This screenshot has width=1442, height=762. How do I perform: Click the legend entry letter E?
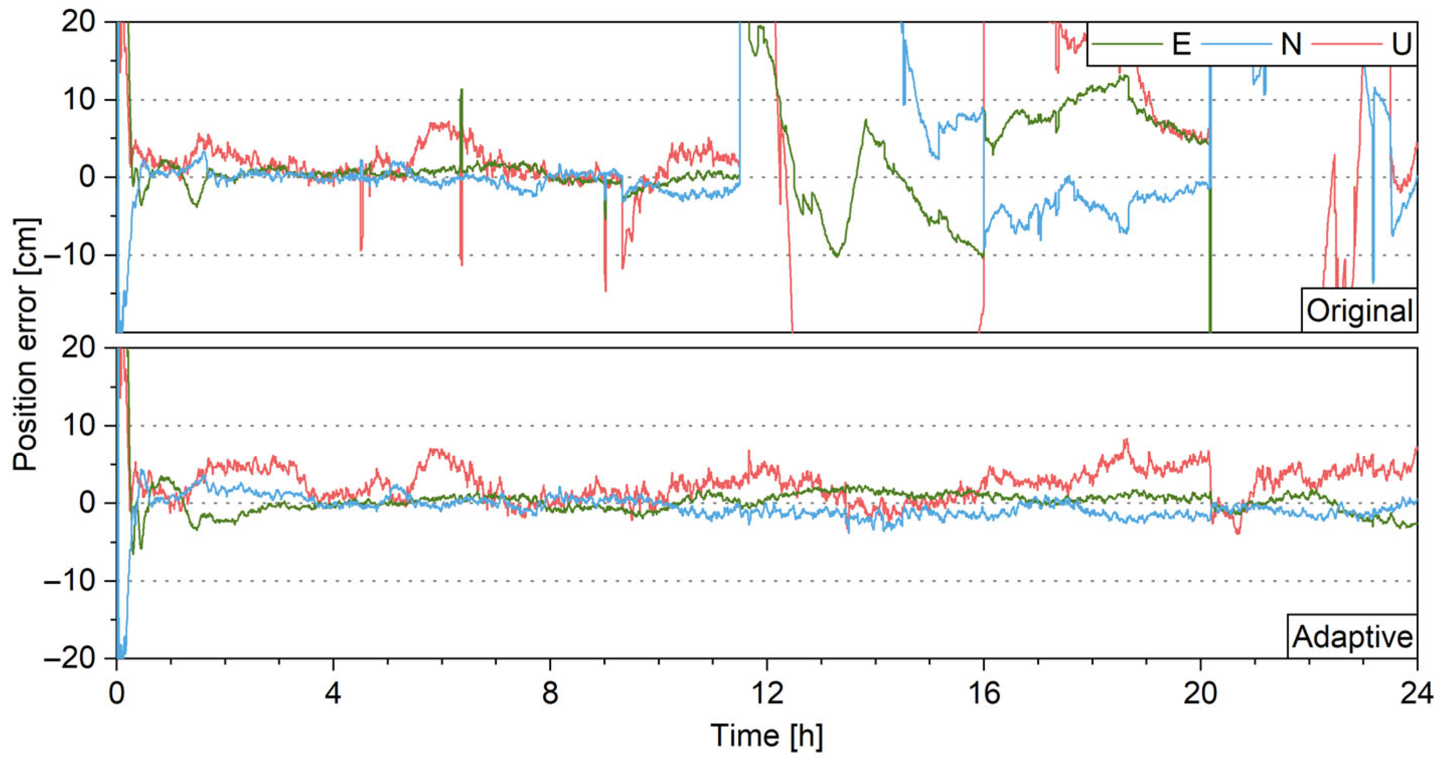click(x=1181, y=44)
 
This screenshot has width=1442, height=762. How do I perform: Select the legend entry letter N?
click(x=1291, y=44)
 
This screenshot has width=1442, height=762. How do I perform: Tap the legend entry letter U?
click(x=1401, y=44)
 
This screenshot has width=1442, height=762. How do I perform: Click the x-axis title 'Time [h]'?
click(x=767, y=735)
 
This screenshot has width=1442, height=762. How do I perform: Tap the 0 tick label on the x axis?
click(x=117, y=694)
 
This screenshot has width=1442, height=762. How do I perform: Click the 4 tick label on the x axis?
click(x=333, y=694)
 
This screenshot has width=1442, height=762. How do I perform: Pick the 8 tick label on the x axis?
click(x=550, y=694)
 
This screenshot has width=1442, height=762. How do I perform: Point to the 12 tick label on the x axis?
click(x=767, y=694)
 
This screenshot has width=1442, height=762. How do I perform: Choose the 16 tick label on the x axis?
click(x=983, y=694)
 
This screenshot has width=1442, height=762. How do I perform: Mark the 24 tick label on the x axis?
click(x=1417, y=694)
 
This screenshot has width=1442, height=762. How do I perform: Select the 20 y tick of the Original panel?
click(x=78, y=23)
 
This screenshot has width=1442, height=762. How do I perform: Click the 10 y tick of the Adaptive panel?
click(x=78, y=426)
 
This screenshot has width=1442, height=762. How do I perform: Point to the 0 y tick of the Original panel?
click(x=87, y=178)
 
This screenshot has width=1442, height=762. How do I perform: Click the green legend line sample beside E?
click(x=1127, y=44)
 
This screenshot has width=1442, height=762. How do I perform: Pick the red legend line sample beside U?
click(x=1346, y=44)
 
